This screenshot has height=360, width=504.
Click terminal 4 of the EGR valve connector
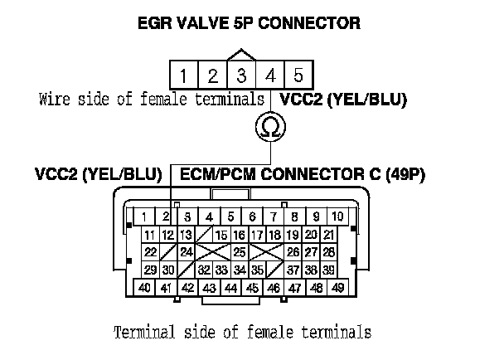[x=269, y=76]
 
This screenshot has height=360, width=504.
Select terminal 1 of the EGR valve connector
[x=183, y=76]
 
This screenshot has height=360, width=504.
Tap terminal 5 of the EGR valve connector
[x=298, y=76]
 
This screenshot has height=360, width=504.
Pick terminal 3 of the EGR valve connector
[x=241, y=76]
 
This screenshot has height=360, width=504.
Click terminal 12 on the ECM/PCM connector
[x=168, y=235]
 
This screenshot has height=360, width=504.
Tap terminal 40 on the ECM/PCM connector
[x=145, y=287]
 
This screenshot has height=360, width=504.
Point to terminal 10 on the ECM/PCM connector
[x=339, y=216]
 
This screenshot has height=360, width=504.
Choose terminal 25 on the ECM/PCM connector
[x=239, y=251]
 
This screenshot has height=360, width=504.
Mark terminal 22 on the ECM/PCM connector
[x=150, y=251]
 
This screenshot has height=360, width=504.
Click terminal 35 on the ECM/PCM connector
[x=258, y=269]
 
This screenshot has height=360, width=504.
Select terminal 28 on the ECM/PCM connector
[x=328, y=251]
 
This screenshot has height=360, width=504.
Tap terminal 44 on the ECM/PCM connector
[x=231, y=287]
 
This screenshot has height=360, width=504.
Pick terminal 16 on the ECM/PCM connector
[x=240, y=235]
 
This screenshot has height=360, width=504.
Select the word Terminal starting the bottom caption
[x=141, y=333]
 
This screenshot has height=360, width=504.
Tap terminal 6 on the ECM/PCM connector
[x=253, y=216]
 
